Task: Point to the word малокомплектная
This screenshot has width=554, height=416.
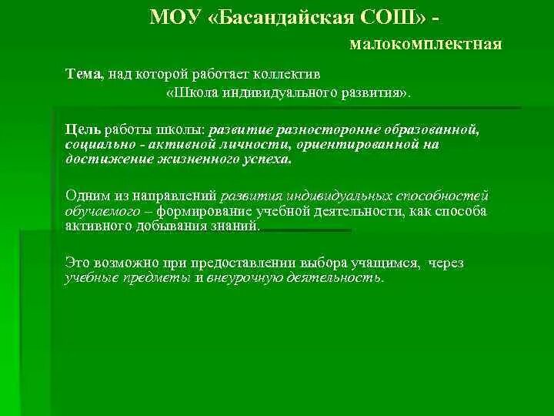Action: [425, 45]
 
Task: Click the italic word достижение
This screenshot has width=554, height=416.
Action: [103, 159]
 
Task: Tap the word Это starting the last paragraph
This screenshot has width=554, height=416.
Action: [78, 262]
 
